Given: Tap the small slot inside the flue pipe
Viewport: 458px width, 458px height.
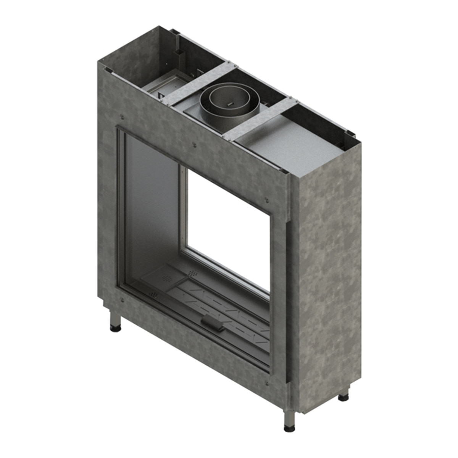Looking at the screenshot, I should [x=230, y=104].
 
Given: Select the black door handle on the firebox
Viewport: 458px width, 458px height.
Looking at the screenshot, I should [x=212, y=324].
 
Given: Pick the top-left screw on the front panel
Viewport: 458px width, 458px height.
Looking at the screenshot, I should [x=122, y=116].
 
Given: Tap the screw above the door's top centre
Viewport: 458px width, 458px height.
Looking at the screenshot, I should [x=194, y=145].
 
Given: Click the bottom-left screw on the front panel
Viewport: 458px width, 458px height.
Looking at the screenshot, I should [x=122, y=300].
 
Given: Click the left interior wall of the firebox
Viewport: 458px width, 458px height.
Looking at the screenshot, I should [x=151, y=206].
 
